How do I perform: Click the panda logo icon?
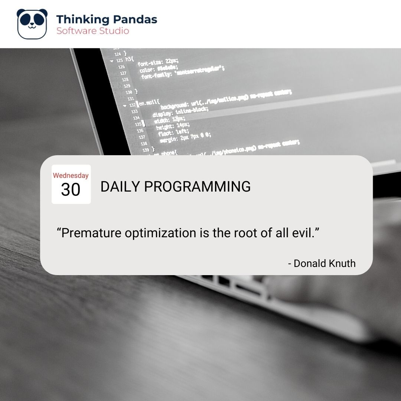point(32,24)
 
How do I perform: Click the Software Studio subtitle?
point(93,31)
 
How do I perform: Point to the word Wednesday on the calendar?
point(71,176)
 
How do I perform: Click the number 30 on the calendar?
point(71,190)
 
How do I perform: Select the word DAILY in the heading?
point(120,187)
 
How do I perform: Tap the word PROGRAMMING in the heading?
point(197,187)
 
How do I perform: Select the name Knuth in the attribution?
point(342,264)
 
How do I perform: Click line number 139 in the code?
point(145,150)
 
